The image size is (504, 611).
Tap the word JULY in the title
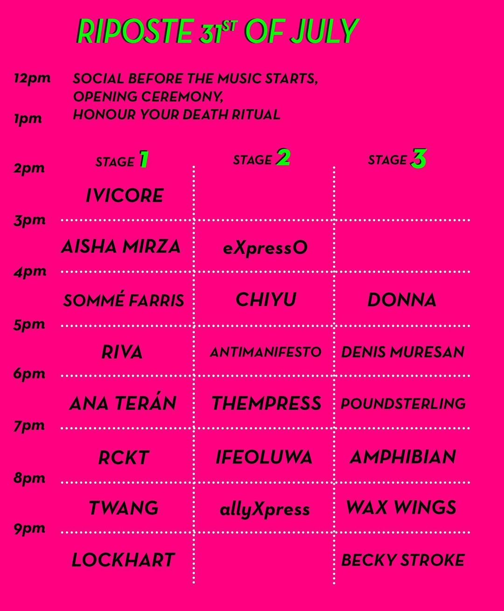pos(324,31)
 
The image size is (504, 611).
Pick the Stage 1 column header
pos(122,160)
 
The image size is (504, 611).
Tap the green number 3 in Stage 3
pos(418,159)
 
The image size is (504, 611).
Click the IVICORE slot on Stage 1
pos(125,196)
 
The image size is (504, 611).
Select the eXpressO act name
pos(266,248)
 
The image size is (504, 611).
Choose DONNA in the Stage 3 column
pos(402,300)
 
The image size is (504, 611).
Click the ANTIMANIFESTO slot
pos(266,352)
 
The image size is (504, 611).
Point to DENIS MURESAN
pos(403,352)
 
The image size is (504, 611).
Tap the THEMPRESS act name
pos(266,403)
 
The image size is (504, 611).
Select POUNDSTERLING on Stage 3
pos(403,404)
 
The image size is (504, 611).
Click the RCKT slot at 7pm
pos(124,457)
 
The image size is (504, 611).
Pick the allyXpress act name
pos(265,510)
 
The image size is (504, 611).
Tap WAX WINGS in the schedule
pos(401,508)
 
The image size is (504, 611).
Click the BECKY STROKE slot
pos(403,560)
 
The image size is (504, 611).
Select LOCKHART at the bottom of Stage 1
pos(123,560)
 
